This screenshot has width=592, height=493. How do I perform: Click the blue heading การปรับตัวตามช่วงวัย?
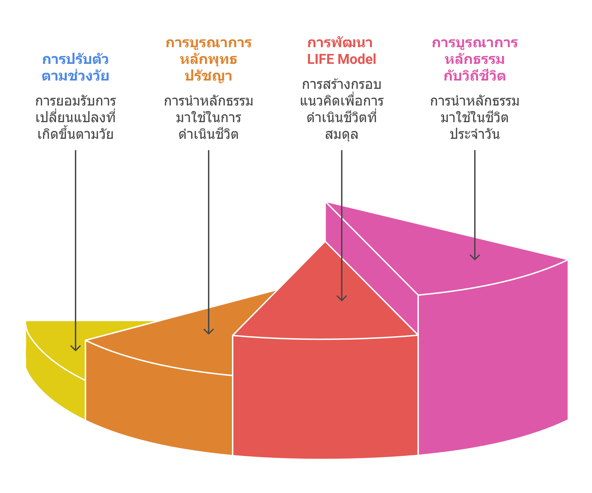tap(75, 68)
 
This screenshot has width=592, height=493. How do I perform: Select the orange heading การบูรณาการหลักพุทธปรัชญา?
tap(208, 59)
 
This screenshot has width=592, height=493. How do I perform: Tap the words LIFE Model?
tap(341, 59)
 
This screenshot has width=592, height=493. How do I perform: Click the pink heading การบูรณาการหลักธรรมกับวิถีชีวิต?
tap(475, 59)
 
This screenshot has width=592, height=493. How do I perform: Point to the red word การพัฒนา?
tap(340, 43)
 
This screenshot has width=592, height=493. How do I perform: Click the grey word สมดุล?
tap(341, 134)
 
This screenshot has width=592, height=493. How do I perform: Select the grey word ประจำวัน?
tap(475, 134)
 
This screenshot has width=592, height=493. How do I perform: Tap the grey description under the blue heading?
tap(75, 118)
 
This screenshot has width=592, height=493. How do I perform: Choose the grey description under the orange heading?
tap(208, 118)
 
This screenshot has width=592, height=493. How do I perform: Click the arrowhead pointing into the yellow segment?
tap(76, 349)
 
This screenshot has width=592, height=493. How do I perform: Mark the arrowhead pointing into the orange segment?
tap(209, 332)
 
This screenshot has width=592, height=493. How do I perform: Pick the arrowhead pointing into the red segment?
tap(342, 299)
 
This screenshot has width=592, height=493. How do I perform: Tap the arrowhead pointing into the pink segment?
tap(475, 258)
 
